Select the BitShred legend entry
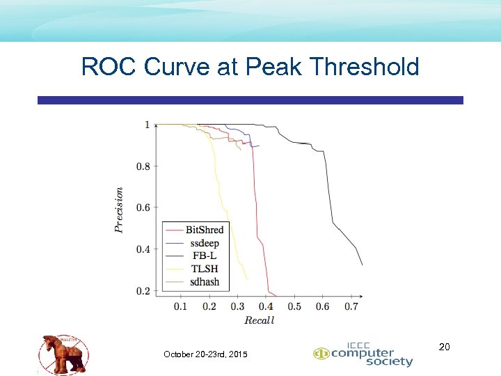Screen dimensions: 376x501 204,230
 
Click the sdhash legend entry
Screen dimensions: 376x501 204,282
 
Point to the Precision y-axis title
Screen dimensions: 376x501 119,209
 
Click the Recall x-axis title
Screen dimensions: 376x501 259,320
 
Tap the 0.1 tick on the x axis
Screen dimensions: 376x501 180,306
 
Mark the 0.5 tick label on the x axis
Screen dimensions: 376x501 294,306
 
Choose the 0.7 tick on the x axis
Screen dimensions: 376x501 351,306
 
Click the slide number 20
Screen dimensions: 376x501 445,346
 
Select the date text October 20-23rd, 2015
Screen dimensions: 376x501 205,355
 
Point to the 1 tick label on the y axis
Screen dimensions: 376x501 147,125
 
